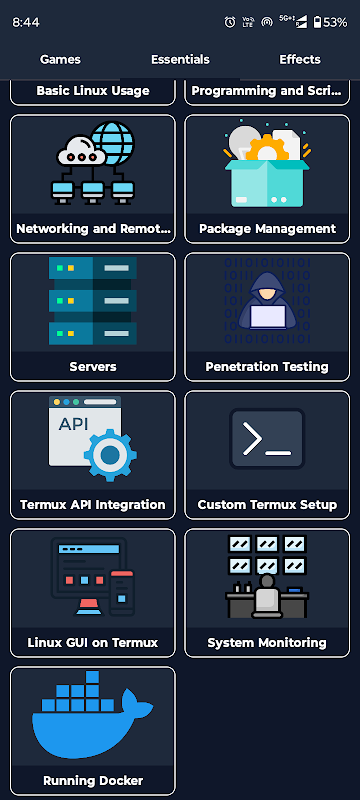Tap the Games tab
click(x=60, y=59)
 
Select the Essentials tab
click(x=180, y=59)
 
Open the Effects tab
click(x=300, y=59)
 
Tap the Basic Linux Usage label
click(x=93, y=91)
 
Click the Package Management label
click(x=267, y=229)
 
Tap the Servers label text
click(x=93, y=366)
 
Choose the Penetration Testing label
click(x=267, y=366)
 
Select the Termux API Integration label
click(x=93, y=505)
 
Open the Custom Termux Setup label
click(x=267, y=505)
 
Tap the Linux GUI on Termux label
click(x=93, y=642)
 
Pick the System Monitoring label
click(x=267, y=642)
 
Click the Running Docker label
click(x=93, y=781)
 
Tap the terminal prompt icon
click(x=267, y=439)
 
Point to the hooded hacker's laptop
click(x=267, y=316)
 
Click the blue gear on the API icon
click(x=110, y=455)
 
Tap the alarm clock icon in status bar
click(x=230, y=22)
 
